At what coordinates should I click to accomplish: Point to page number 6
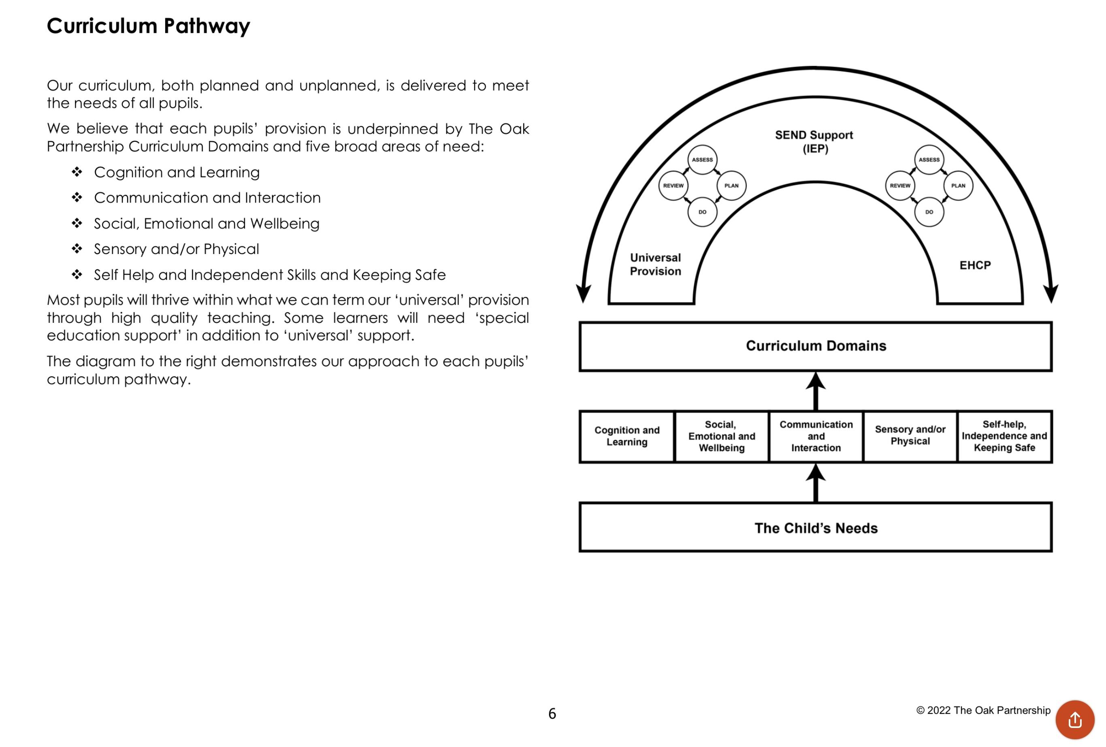(x=552, y=713)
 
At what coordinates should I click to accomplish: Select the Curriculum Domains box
(x=815, y=346)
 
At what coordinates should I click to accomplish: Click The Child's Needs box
(x=815, y=527)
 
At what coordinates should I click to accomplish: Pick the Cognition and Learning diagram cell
(x=627, y=436)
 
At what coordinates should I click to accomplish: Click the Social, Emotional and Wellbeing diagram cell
(x=721, y=436)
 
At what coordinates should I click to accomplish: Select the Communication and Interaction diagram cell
(x=816, y=436)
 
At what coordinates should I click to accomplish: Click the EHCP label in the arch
(x=975, y=265)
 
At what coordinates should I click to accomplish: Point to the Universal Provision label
(x=655, y=264)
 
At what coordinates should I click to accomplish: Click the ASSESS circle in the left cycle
(x=702, y=160)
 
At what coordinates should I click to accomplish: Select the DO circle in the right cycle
(x=929, y=212)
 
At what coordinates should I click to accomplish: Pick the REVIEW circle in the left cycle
(x=673, y=186)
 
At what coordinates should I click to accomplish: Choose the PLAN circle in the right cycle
(x=958, y=186)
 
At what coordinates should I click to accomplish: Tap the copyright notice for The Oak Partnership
(x=983, y=711)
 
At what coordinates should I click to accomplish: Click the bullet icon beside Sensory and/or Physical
(x=77, y=248)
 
